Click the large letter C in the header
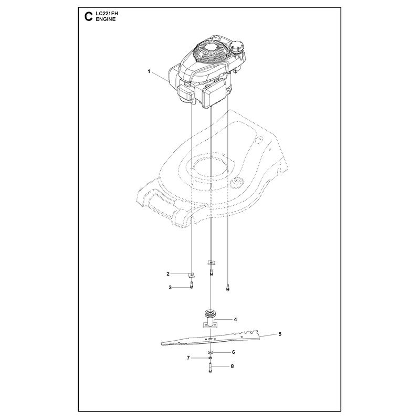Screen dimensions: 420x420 (88, 17)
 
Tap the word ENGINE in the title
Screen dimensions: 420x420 (106, 19)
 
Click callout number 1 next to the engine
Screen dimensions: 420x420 (149, 71)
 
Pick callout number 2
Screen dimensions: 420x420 (168, 274)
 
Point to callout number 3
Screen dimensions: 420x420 (170, 288)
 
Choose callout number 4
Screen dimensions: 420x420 (235, 319)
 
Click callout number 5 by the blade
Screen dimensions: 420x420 (280, 334)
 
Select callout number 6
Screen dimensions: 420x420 (233, 352)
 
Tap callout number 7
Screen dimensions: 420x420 (188, 358)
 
